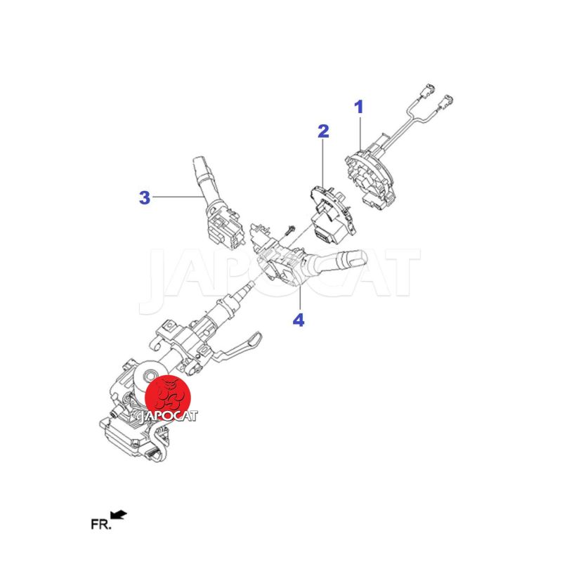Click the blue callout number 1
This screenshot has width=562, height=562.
(359, 107)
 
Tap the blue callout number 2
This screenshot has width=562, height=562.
(323, 131)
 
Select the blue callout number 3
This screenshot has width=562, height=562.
(145, 197)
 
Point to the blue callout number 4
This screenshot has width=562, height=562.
(299, 320)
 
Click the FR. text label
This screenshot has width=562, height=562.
(101, 524)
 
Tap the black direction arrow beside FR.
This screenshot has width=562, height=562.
(119, 515)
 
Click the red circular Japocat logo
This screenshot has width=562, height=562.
(168, 398)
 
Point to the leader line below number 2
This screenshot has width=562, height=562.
(323, 164)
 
